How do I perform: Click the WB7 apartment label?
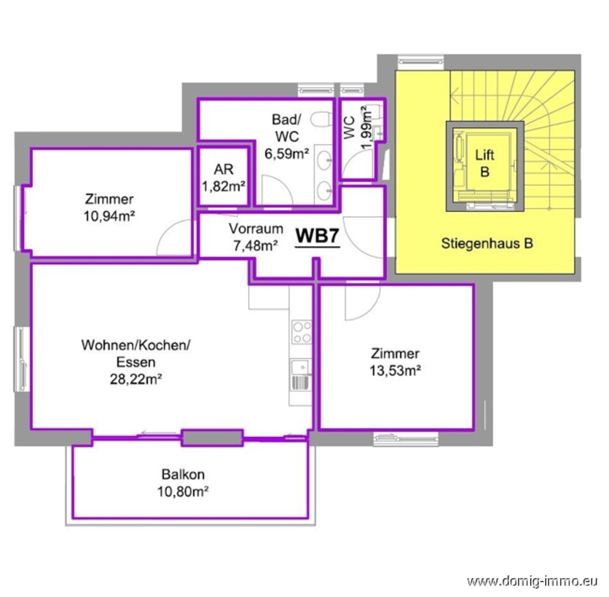[317, 236]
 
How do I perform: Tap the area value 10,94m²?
[109, 216]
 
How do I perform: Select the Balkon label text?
[183, 474]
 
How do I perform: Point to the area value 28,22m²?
[136, 379]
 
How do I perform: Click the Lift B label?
[485, 163]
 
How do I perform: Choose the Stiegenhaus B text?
[487, 244]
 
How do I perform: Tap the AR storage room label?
[223, 169]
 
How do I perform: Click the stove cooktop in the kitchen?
[301, 332]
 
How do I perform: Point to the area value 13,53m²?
[395, 370]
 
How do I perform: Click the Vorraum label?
[255, 228]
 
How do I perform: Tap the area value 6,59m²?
[287, 154]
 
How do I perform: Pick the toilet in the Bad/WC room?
[321, 119]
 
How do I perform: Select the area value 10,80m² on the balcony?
[183, 492]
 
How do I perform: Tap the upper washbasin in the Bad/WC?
[324, 160]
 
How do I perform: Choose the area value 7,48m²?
[255, 245]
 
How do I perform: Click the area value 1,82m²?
[223, 186]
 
